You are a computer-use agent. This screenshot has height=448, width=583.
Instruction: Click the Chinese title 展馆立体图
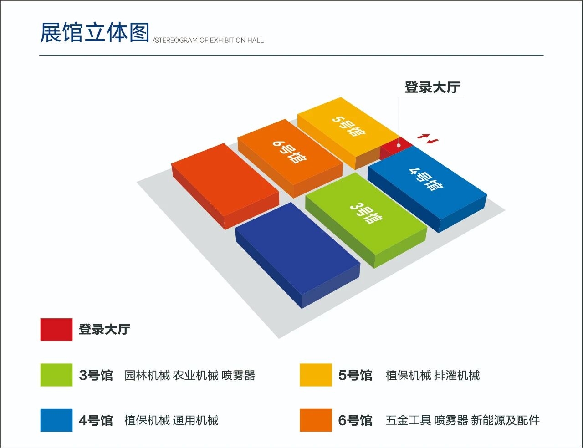94,32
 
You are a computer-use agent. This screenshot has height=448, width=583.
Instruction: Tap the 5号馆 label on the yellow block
349,126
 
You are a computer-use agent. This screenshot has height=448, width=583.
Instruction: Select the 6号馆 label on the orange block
290,152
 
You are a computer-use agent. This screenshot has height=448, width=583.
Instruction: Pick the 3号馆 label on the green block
366,213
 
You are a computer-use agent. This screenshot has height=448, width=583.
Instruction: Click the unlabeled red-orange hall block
225,186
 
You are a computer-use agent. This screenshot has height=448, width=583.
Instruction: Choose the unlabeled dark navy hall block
298,255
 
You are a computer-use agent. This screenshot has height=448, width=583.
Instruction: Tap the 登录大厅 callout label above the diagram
432,87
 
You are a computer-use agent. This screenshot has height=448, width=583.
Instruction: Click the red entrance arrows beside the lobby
428,138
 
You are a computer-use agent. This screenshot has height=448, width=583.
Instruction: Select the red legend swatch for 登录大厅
56,330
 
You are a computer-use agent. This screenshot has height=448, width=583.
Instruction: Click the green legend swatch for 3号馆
56,375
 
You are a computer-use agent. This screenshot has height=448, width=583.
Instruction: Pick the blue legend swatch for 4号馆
56,420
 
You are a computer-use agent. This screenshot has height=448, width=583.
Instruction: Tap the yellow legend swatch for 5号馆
316,375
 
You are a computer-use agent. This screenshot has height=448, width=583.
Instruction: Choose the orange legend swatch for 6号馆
316,420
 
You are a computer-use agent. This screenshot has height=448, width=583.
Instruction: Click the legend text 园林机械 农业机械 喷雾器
190,375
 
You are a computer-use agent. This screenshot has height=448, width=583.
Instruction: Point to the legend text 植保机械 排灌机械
433,375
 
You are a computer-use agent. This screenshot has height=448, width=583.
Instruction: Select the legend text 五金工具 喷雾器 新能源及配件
463,420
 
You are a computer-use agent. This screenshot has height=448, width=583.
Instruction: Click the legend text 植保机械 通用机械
171,420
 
